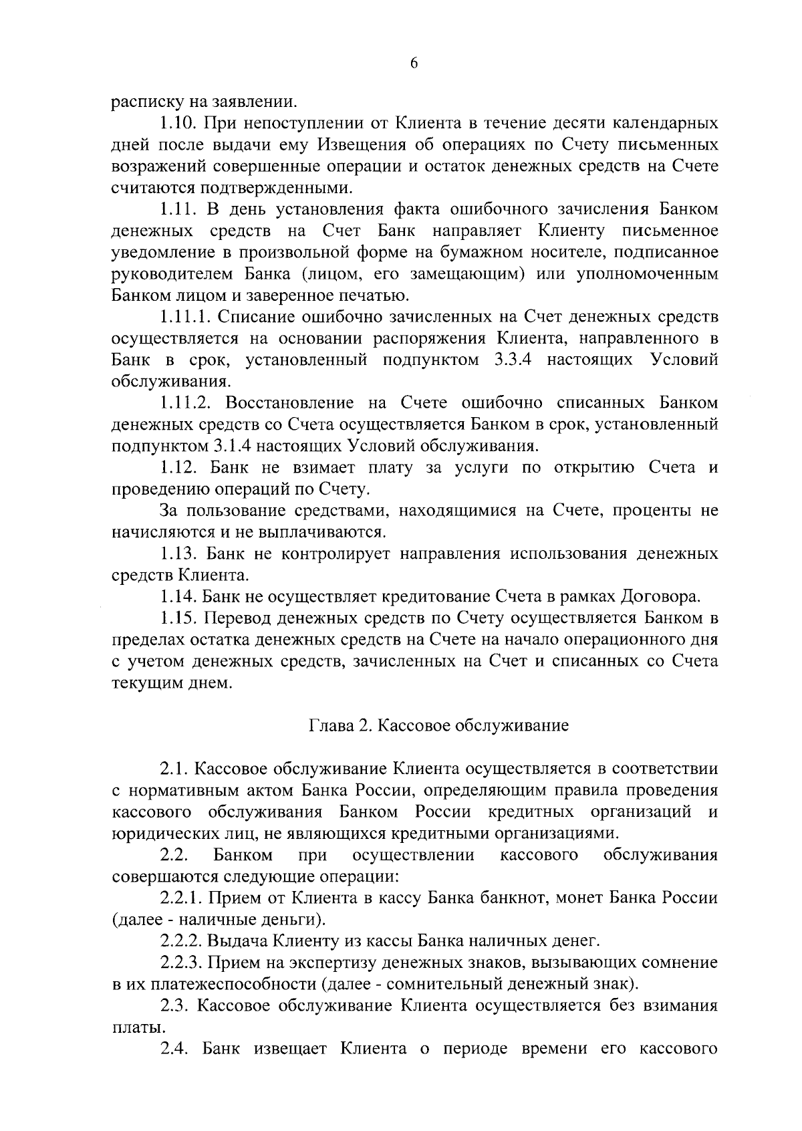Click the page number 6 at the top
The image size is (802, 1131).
413,64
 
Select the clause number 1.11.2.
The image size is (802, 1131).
185,403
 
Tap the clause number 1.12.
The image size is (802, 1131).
178,467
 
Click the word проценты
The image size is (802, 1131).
644,511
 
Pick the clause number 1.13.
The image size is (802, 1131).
178,553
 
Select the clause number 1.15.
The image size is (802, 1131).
178,618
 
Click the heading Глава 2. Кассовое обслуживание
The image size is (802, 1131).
438,726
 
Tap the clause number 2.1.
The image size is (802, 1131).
174,769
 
